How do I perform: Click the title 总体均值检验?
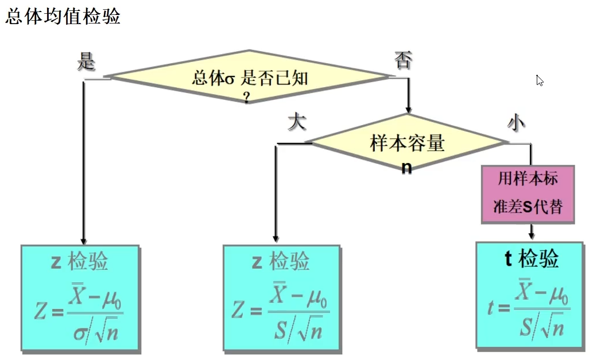[x=63, y=17]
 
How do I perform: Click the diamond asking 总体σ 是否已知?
[x=249, y=77]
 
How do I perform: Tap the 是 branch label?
[x=86, y=61]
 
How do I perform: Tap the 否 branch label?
[x=403, y=60]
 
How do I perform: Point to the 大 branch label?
[x=296, y=122]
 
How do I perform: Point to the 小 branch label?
[x=516, y=122]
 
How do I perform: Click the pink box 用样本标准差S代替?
[x=528, y=193]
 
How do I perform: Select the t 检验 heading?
[x=532, y=259]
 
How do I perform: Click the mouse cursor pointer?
[x=539, y=80]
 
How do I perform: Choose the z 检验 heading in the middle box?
[x=281, y=262]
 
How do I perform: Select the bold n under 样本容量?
[x=406, y=168]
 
